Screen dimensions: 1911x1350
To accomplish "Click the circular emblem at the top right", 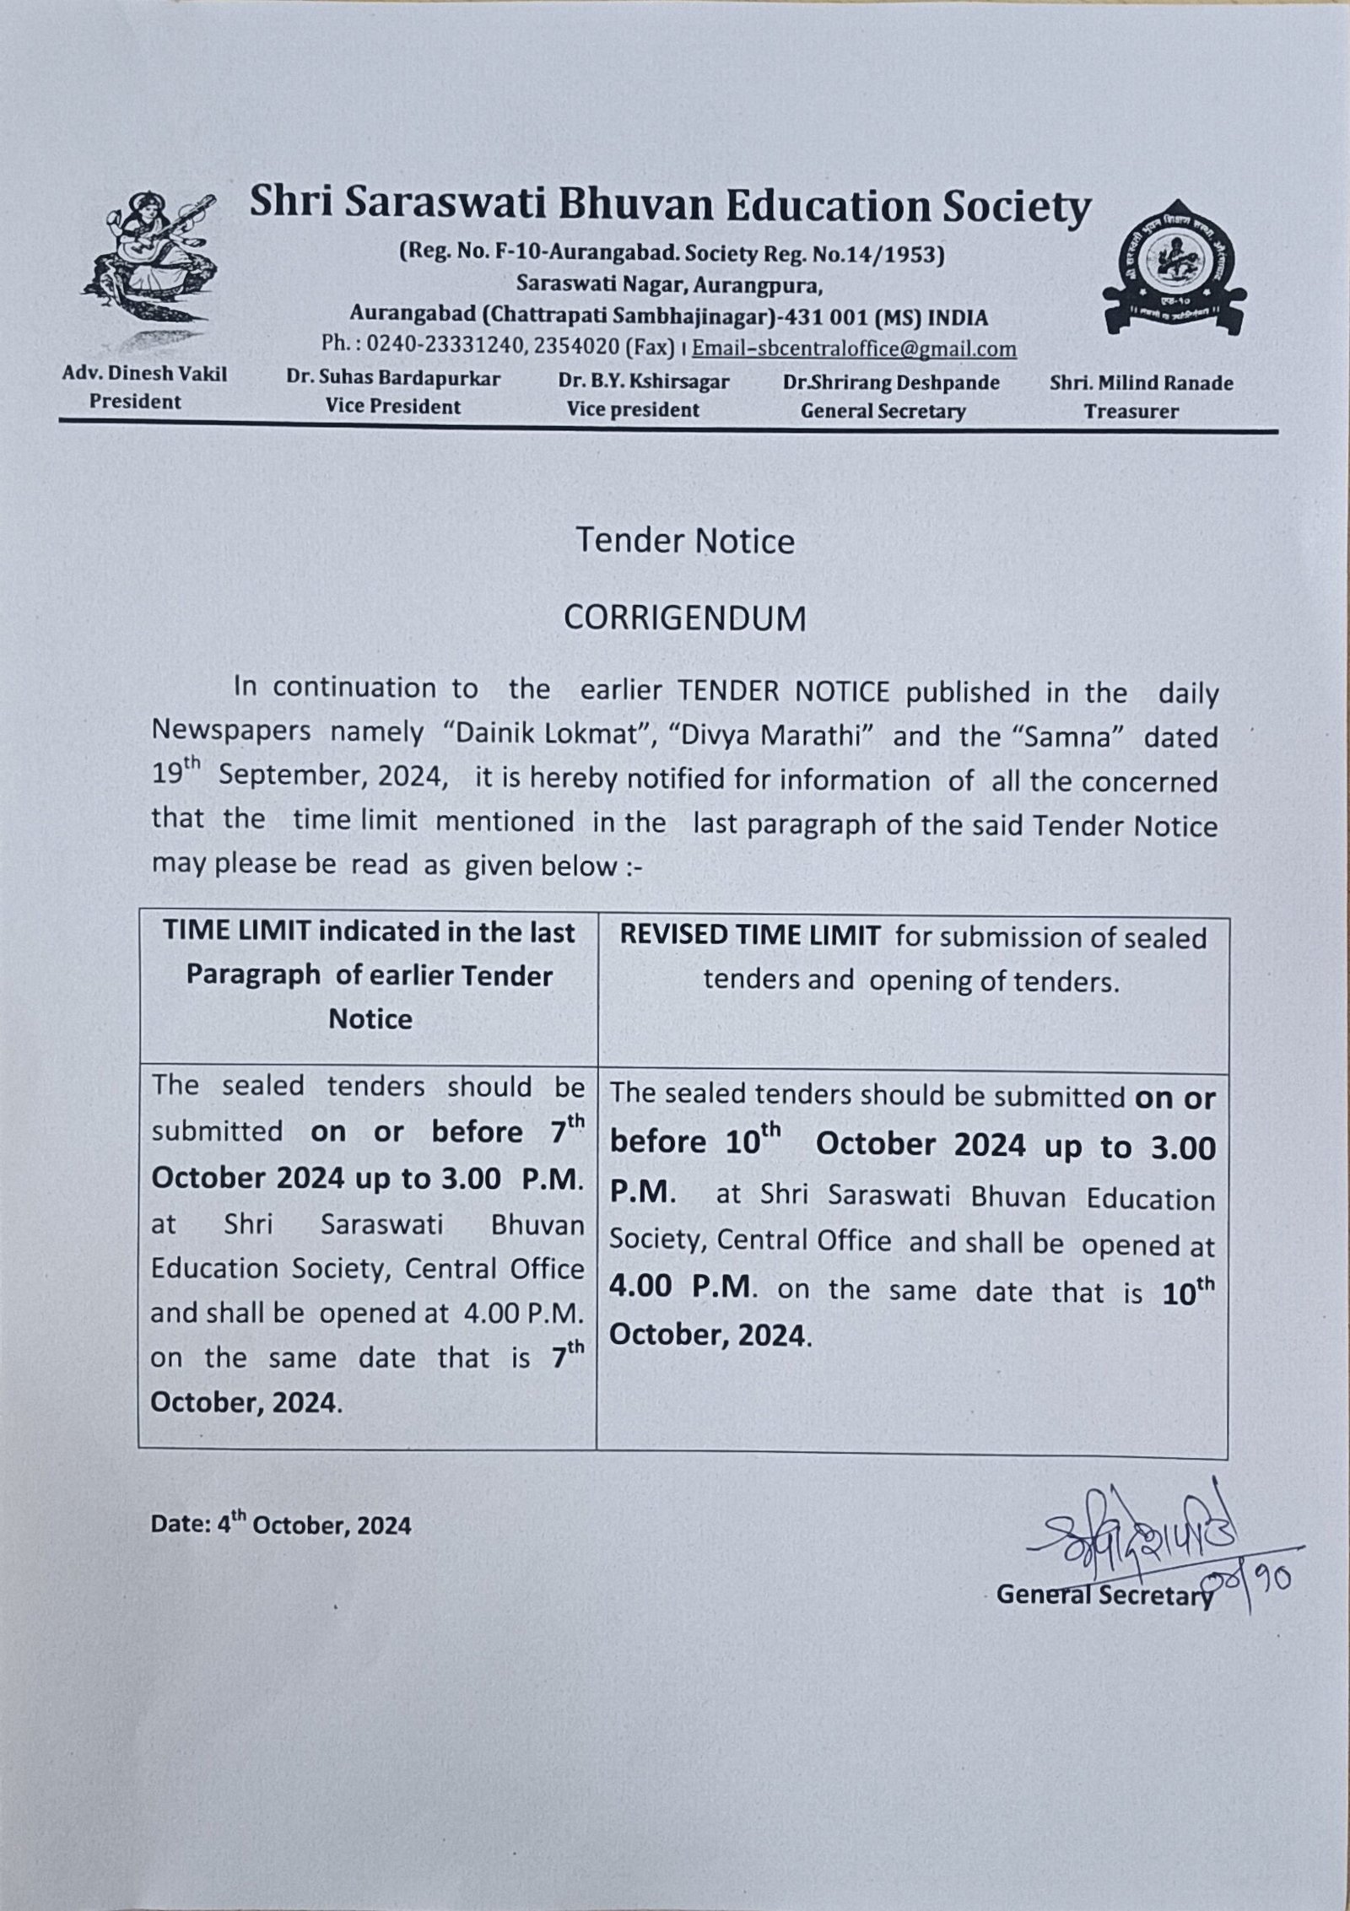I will (1174, 272).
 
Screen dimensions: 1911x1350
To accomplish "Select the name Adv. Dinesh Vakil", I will (144, 375).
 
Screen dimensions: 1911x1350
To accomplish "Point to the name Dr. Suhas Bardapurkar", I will (393, 379).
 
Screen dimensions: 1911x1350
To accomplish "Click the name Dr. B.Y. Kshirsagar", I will (643, 381).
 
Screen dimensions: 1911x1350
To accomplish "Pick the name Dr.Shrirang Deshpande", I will (891, 382).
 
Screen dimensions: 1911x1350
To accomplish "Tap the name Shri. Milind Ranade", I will (1141, 383).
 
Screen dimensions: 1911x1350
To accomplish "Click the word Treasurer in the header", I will (1131, 412).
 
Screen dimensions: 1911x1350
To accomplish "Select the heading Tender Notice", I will (684, 541).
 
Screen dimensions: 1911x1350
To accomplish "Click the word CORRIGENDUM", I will (684, 618).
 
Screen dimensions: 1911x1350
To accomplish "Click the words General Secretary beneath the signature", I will (1103, 1594).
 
